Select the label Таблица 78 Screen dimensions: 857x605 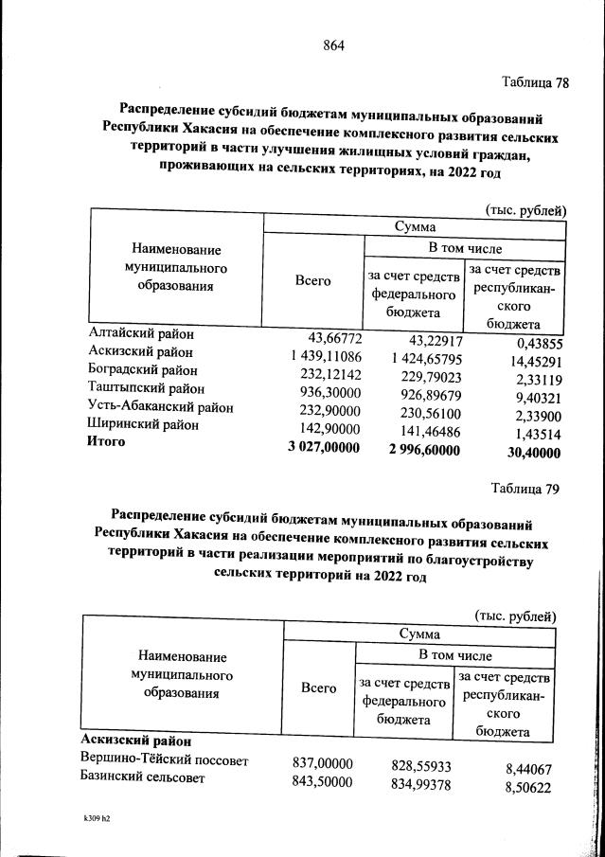point(534,82)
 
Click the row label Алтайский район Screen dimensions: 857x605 point(140,335)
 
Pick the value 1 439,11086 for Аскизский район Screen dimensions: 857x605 point(320,354)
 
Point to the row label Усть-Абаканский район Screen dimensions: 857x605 point(160,407)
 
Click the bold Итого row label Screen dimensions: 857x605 point(106,442)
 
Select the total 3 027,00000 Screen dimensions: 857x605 point(323,447)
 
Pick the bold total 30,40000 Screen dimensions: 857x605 point(526,453)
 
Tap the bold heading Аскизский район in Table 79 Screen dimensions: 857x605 point(137,741)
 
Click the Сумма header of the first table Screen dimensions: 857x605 point(412,227)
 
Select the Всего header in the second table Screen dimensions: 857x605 point(318,688)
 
